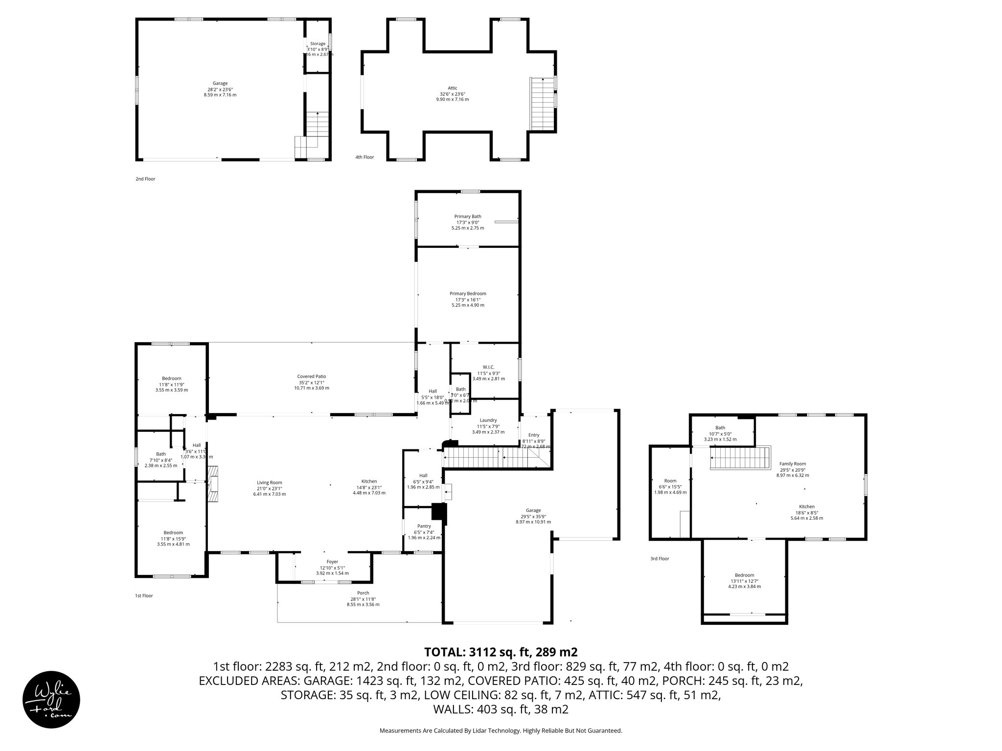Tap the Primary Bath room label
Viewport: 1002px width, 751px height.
click(x=468, y=217)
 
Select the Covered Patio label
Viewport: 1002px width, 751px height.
click(x=311, y=376)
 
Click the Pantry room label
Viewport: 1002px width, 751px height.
click(x=424, y=526)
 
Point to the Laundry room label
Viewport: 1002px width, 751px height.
click(x=488, y=420)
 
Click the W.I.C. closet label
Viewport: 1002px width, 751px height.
click(x=488, y=367)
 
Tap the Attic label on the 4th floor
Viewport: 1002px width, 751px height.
click(x=452, y=88)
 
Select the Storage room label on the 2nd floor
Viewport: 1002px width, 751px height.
click(x=318, y=44)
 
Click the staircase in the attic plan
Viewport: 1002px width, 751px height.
click(x=542, y=104)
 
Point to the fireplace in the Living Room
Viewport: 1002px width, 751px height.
click(x=212, y=484)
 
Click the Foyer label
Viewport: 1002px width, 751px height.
click(x=332, y=562)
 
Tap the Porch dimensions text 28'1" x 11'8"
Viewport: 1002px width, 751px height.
click(x=363, y=599)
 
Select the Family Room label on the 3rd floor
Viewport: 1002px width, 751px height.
click(x=793, y=464)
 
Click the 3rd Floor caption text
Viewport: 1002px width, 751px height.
click(x=659, y=558)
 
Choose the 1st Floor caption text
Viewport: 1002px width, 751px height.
click(x=144, y=596)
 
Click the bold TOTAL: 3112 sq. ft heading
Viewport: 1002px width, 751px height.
click(x=501, y=652)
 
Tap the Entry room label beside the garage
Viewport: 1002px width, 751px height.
click(x=533, y=435)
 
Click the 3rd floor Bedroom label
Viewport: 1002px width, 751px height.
click(x=744, y=575)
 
